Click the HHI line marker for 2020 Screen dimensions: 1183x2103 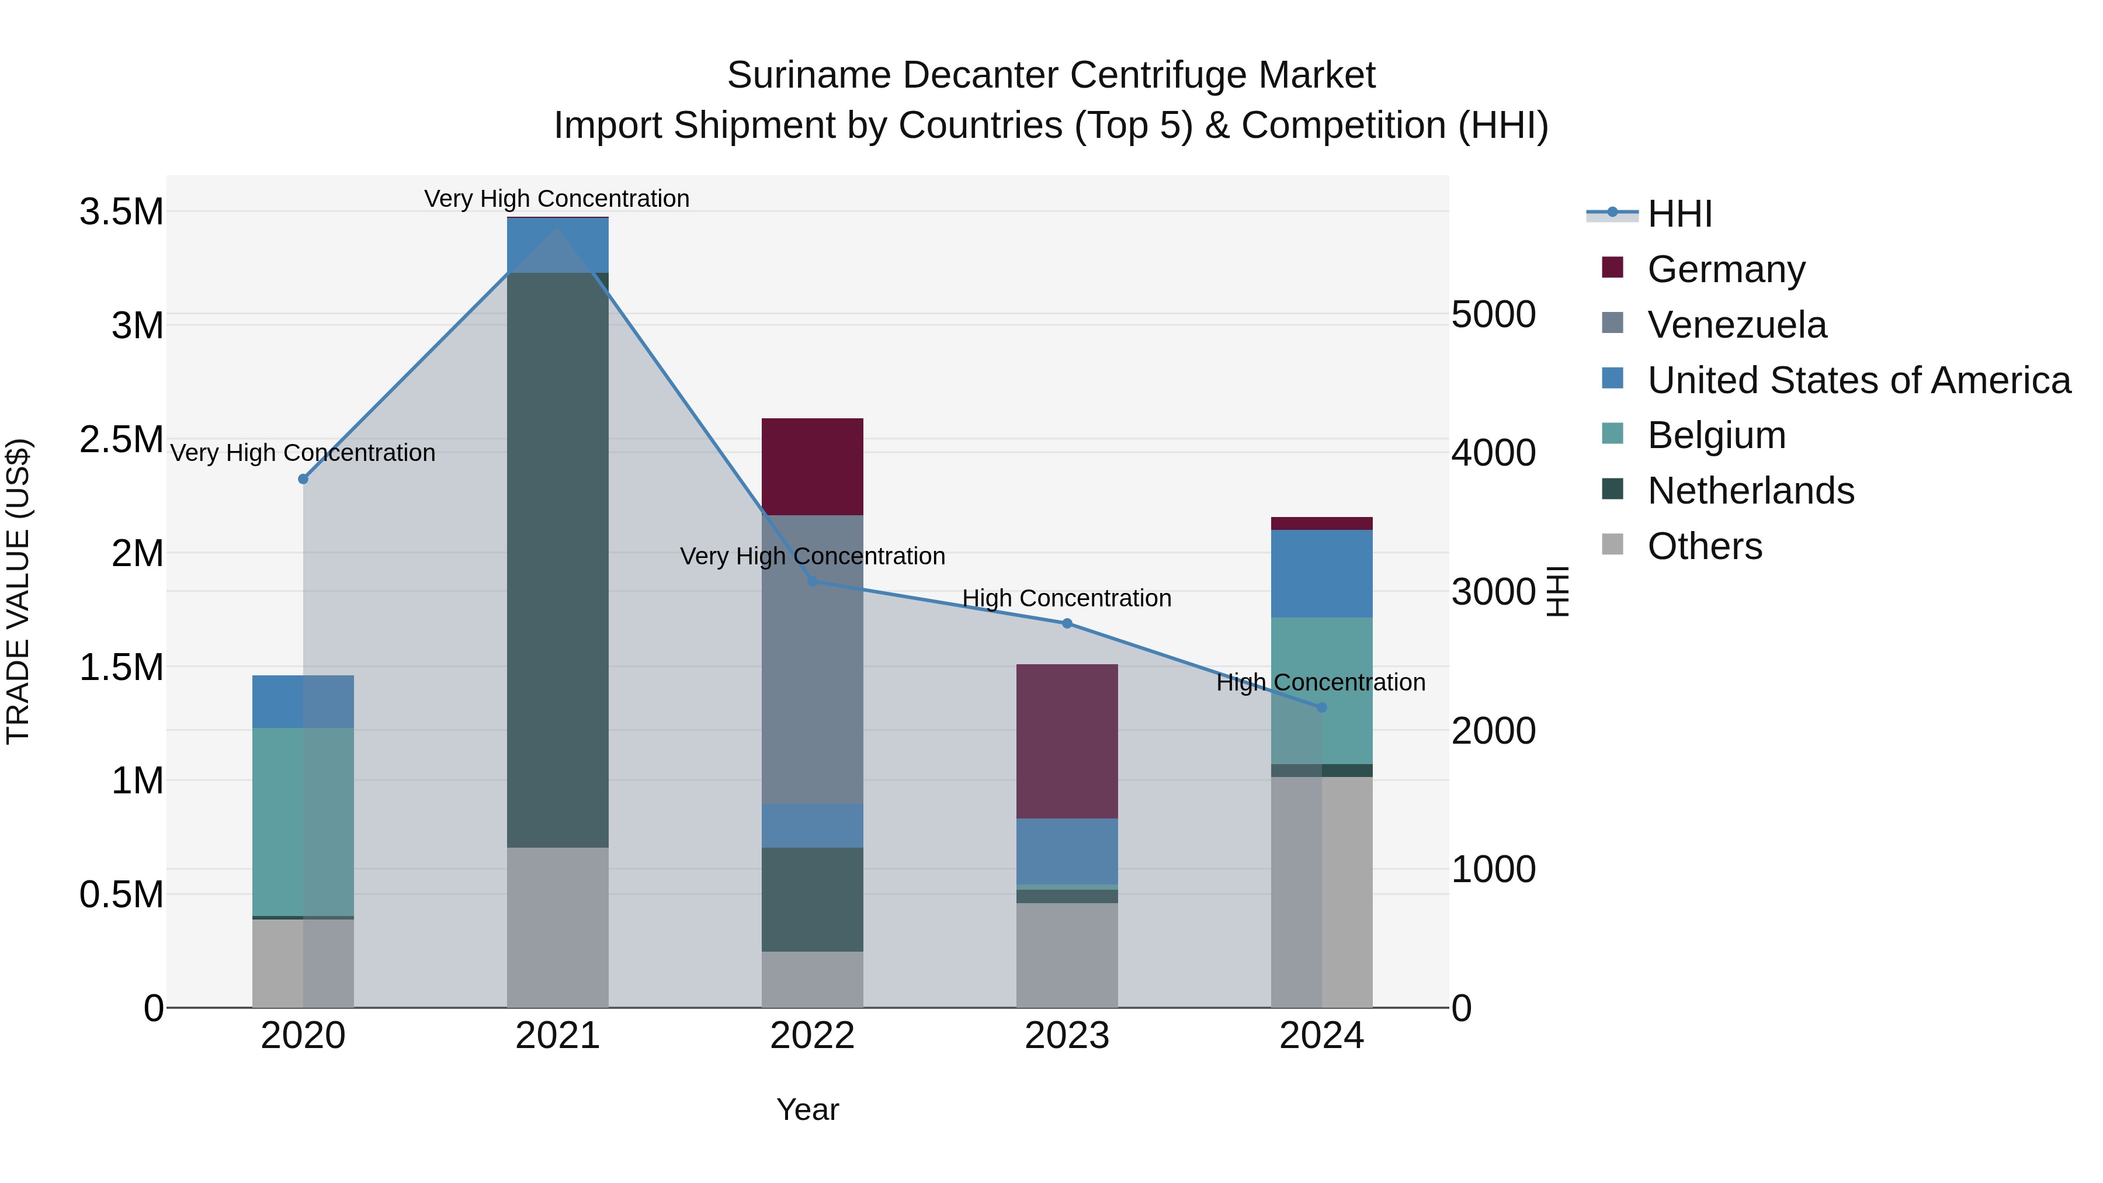(303, 478)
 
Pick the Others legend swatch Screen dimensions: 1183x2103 (1612, 544)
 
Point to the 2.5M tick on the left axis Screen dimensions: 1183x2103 (121, 439)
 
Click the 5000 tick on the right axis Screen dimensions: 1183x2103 (1493, 314)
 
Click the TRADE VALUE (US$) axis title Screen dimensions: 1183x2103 (18, 591)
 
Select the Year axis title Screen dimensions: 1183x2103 (807, 1109)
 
